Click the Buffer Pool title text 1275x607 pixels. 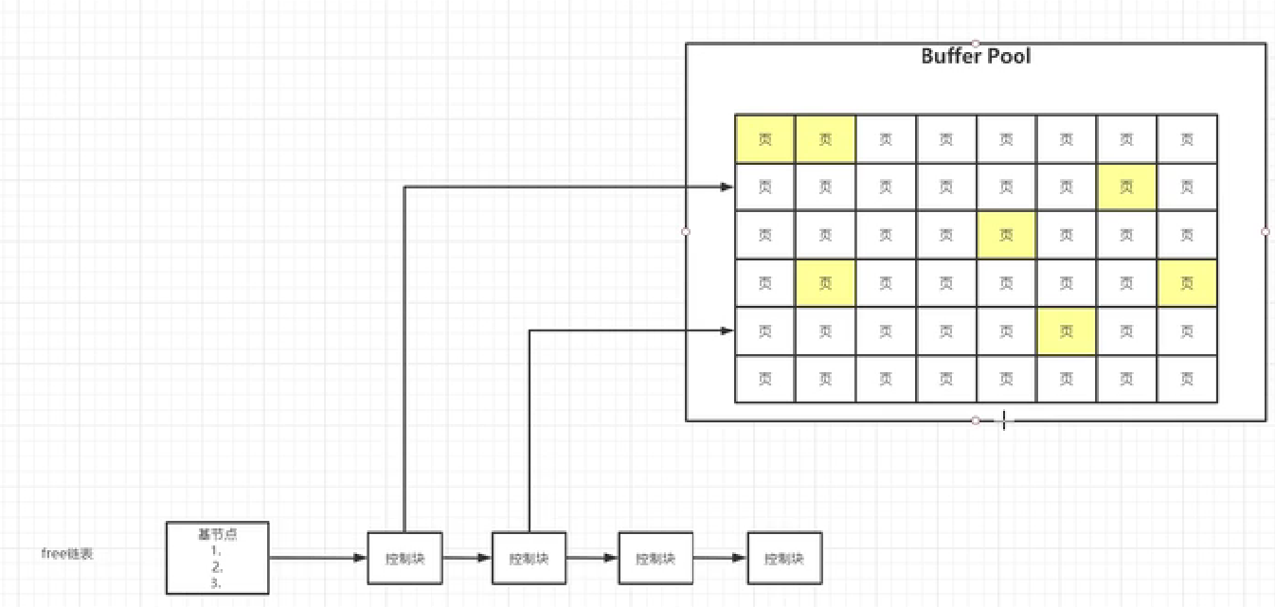coord(976,56)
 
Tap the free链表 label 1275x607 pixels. coord(67,554)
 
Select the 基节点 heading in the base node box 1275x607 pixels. coord(217,533)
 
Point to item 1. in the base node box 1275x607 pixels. coord(216,549)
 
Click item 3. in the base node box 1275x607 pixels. coord(216,583)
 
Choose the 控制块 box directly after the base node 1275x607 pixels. coord(404,558)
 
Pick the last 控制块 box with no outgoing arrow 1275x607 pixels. coord(784,558)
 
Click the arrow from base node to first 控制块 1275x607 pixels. coord(317,558)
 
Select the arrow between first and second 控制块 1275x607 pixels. coord(467,558)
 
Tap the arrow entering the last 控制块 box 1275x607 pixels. coord(720,558)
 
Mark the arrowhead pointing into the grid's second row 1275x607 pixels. coord(727,187)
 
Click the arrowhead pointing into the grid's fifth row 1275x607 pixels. coord(727,330)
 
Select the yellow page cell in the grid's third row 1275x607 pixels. coord(1006,235)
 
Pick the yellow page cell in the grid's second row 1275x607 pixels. coord(1126,187)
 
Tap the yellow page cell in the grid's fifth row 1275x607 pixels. coord(1067,330)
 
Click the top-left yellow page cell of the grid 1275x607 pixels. coord(765,139)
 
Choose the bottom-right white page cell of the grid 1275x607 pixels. coord(1187,379)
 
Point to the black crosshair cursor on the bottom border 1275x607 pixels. coord(1004,420)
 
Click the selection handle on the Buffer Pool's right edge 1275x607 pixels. coord(1266,231)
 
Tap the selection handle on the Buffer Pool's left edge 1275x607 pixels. coord(686,231)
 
